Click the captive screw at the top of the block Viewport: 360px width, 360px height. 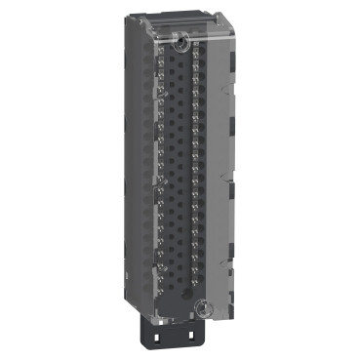(x=182, y=40)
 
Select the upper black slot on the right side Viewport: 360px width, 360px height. (x=231, y=78)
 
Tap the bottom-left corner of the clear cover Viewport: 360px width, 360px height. (x=146, y=319)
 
